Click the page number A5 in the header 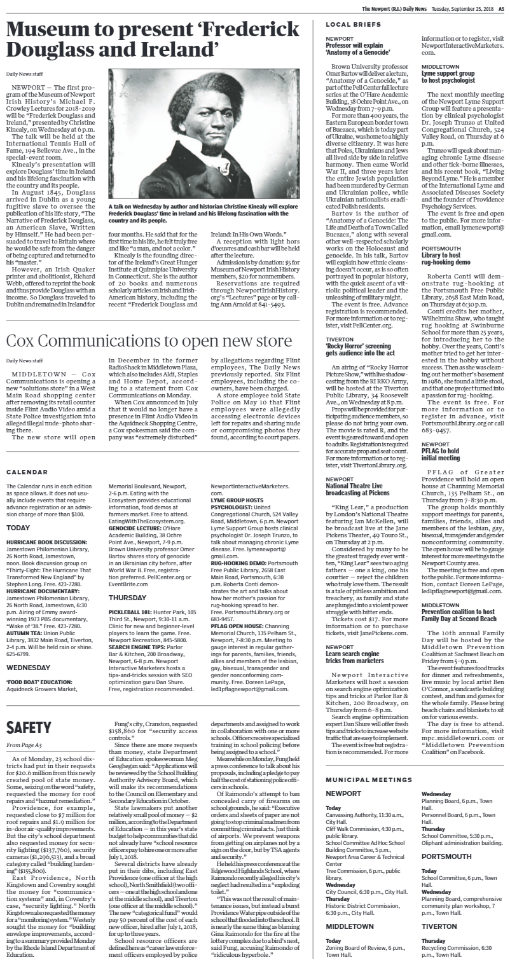point(500,8)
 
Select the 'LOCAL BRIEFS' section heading point(345,24)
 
